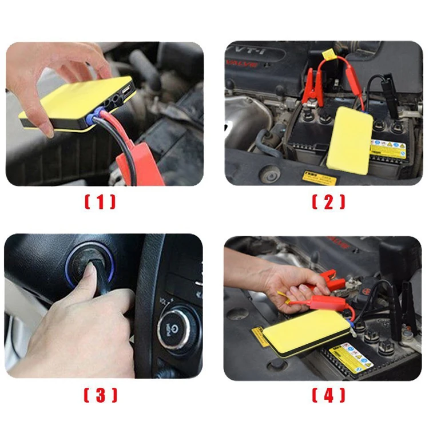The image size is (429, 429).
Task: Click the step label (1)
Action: pos(100,201)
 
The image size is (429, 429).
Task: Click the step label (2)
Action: pos(328,201)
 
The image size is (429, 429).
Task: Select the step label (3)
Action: pos(100,395)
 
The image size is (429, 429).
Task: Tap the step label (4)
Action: pos(328,395)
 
